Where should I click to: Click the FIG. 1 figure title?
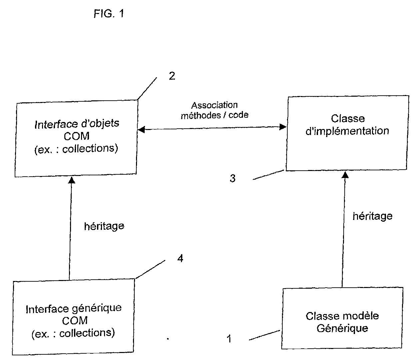pyautogui.click(x=109, y=14)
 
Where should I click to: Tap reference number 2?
pyautogui.click(x=172, y=76)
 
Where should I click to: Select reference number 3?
pyautogui.click(x=233, y=178)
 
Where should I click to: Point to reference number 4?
pyautogui.click(x=180, y=258)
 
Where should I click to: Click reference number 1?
pyautogui.click(x=229, y=339)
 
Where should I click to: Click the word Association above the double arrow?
pyautogui.click(x=215, y=105)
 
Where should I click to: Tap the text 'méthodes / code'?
pyautogui.click(x=215, y=115)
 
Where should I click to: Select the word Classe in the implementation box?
pyautogui.click(x=348, y=118)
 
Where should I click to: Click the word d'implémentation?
pyautogui.click(x=347, y=131)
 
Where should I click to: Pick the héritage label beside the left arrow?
pyautogui.click(x=104, y=226)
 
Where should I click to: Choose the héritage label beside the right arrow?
pyautogui.click(x=373, y=217)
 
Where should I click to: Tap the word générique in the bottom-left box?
pyautogui.click(x=97, y=308)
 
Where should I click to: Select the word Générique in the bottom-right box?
pyautogui.click(x=342, y=328)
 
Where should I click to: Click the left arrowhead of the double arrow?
pyautogui.click(x=141, y=130)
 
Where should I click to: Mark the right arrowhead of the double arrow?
pyautogui.click(x=283, y=127)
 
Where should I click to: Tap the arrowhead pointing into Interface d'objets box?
pyautogui.click(x=71, y=180)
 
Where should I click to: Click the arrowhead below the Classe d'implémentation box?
pyautogui.click(x=345, y=175)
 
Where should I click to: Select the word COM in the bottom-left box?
pyautogui.click(x=75, y=321)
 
